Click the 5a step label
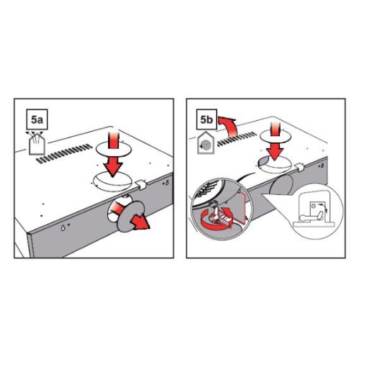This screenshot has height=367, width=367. point(37,119)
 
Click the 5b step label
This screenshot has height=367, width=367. point(206,119)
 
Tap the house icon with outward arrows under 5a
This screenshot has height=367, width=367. point(37,143)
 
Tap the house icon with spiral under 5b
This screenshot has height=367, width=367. point(206,143)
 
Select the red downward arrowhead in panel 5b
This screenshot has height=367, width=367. point(275,153)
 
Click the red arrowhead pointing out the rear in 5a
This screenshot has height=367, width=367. point(141,222)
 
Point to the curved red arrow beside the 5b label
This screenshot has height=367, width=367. point(228,127)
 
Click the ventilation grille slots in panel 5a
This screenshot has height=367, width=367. point(64,153)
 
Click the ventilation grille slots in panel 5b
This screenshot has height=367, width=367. point(237,139)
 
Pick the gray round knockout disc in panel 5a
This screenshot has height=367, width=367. point(131,217)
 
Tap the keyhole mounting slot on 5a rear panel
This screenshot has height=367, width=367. point(63,227)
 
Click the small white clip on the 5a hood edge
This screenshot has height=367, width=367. point(141,185)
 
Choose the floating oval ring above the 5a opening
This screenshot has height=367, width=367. point(114,149)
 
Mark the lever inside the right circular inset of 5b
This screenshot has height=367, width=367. point(312,217)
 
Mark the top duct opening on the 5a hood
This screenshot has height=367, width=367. point(112,181)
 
